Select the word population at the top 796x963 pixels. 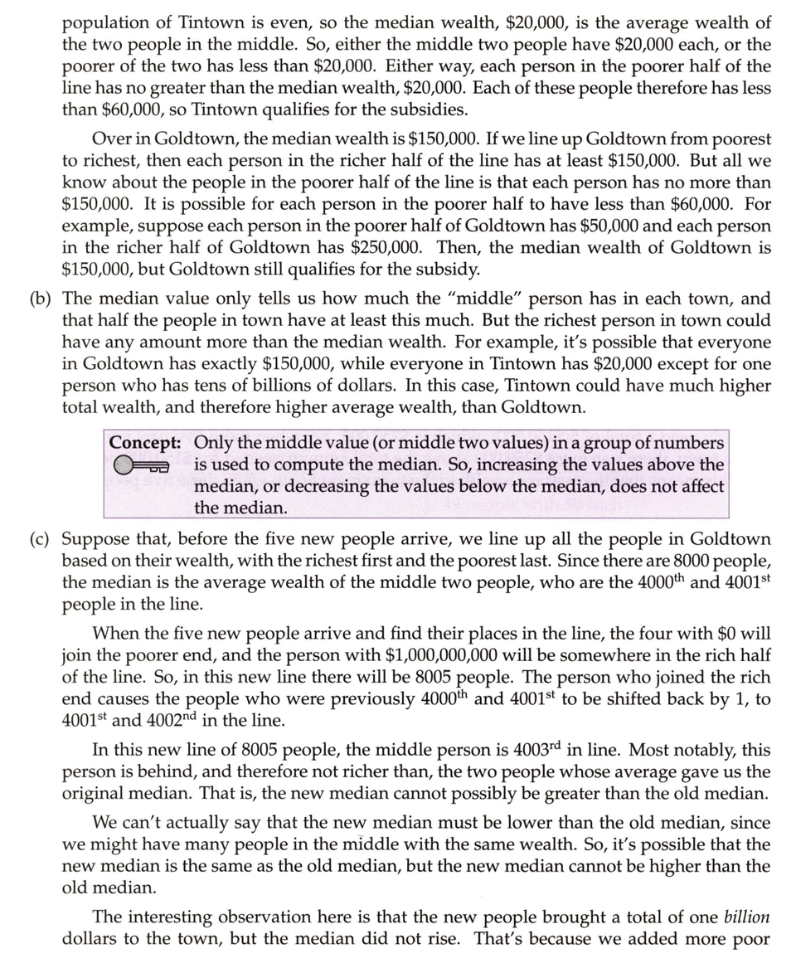click(x=102, y=23)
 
